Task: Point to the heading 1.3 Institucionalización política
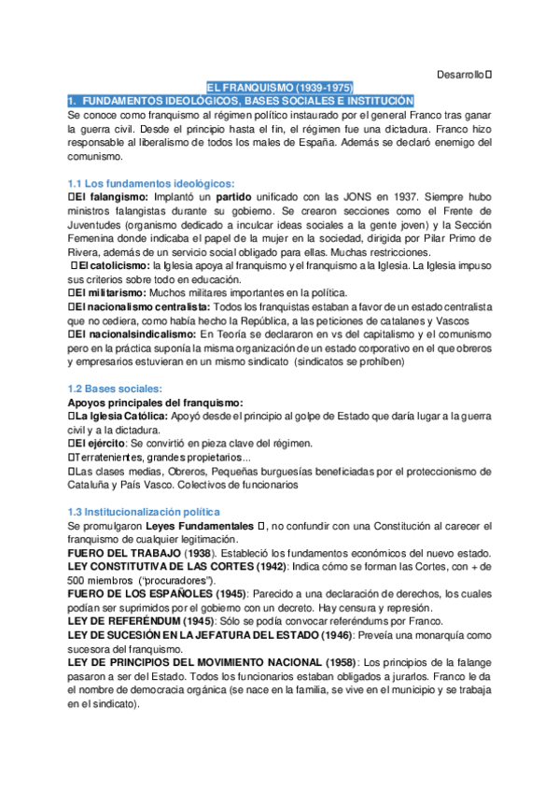(145, 512)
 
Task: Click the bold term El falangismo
(110, 198)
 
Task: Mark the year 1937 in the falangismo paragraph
(387, 198)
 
